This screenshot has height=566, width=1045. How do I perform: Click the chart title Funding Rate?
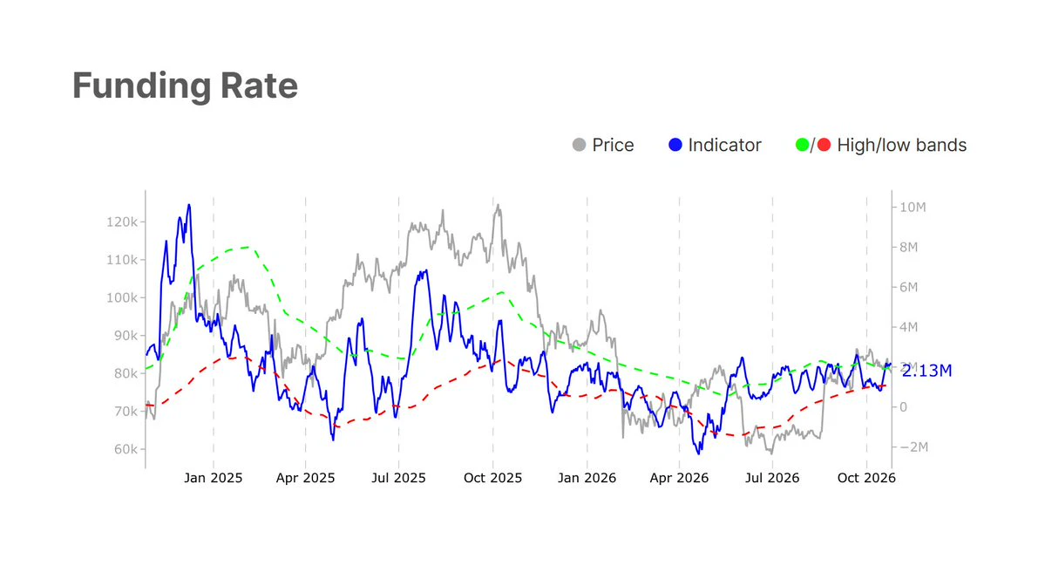[x=186, y=86]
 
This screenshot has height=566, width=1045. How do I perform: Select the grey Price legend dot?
[x=579, y=145]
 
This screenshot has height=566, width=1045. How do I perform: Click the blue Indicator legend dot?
[x=675, y=145]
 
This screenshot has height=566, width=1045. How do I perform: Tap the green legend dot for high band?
[x=803, y=145]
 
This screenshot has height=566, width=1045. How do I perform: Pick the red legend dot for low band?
[x=824, y=145]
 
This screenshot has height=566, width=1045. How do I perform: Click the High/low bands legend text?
[x=902, y=146]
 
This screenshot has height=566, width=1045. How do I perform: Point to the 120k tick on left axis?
[x=122, y=222]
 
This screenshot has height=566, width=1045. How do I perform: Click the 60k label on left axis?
[x=126, y=449]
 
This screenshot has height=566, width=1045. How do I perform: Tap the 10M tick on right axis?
[x=913, y=208]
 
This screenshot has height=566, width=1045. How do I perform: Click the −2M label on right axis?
[x=913, y=447]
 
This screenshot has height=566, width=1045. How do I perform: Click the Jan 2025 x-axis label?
[x=214, y=478]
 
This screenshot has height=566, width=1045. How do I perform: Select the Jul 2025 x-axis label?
[x=398, y=478]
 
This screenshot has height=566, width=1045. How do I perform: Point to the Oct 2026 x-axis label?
[x=866, y=478]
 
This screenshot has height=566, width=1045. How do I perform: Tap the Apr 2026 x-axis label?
[x=679, y=478]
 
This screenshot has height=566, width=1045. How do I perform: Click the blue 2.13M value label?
[x=927, y=372]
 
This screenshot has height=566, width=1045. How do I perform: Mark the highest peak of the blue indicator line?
[x=189, y=205]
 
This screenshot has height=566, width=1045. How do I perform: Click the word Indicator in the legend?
[x=724, y=146]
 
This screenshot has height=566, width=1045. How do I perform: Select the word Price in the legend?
[x=613, y=146]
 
